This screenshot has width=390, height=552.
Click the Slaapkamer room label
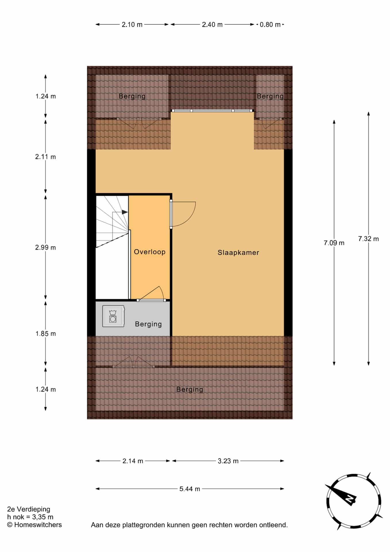(238, 252)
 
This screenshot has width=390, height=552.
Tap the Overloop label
(150, 252)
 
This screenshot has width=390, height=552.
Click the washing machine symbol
(113, 316)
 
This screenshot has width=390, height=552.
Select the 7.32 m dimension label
(368, 239)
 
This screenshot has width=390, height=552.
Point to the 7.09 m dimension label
(334, 243)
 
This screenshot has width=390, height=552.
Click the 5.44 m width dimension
(190, 489)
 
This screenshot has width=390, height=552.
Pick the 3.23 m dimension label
(228, 461)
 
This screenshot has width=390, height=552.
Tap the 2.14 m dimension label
(133, 461)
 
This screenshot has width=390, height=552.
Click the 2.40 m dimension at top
(212, 25)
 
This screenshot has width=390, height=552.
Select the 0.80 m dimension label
(270, 25)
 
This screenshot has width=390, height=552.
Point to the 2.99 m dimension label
(45, 248)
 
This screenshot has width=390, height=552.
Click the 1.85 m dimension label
(45, 334)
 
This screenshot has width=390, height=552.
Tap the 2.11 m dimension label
(45, 157)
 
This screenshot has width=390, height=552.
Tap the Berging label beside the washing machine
(148, 324)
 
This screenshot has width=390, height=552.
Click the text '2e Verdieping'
(29, 509)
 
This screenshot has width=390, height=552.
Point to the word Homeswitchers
(38, 525)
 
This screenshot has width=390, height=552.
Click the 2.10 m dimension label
(132, 25)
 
